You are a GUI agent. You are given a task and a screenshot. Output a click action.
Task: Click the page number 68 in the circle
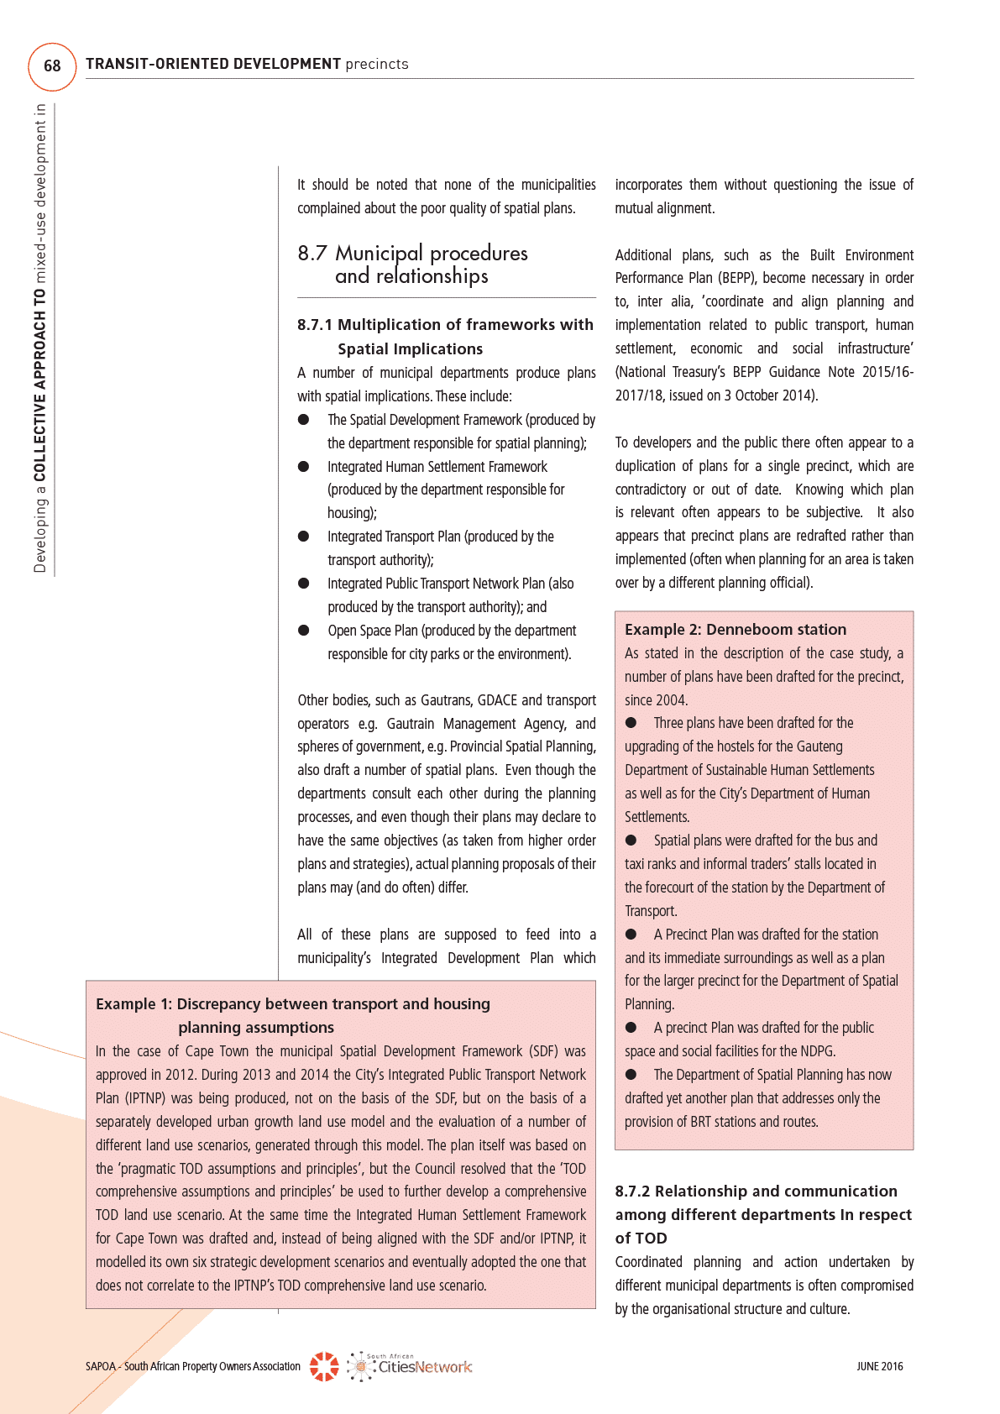(x=52, y=65)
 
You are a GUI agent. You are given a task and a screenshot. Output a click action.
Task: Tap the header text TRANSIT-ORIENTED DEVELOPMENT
(x=213, y=64)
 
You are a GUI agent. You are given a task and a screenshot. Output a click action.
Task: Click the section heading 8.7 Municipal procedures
(x=412, y=254)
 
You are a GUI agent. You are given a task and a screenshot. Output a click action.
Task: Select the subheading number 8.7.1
(x=314, y=325)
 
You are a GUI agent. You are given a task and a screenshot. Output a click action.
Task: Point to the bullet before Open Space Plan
(x=304, y=631)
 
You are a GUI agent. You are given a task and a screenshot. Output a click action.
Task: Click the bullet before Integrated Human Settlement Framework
(x=304, y=467)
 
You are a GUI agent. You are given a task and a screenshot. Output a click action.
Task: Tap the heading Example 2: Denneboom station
(x=735, y=630)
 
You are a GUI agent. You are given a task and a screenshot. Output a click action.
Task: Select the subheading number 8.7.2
(x=632, y=1191)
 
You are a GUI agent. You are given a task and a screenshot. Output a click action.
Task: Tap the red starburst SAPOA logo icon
(x=324, y=1366)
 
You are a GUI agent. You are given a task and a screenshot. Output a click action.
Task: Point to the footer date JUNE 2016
(x=879, y=1367)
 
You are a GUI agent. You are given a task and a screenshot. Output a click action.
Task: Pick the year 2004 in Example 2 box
(x=671, y=700)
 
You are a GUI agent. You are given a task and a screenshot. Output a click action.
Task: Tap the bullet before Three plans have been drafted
(x=631, y=723)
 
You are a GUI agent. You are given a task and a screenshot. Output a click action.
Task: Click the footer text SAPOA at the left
(x=101, y=1367)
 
